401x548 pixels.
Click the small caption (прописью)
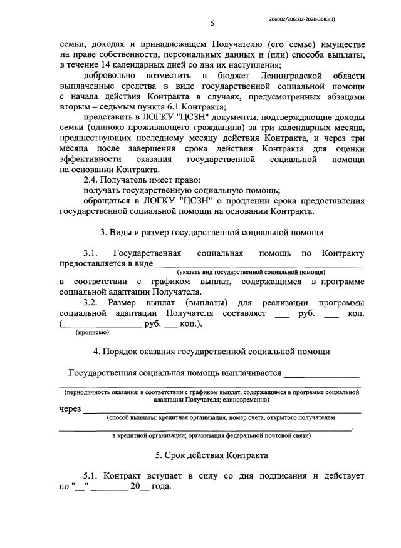tap(91, 333)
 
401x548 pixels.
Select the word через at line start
tap(71, 409)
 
